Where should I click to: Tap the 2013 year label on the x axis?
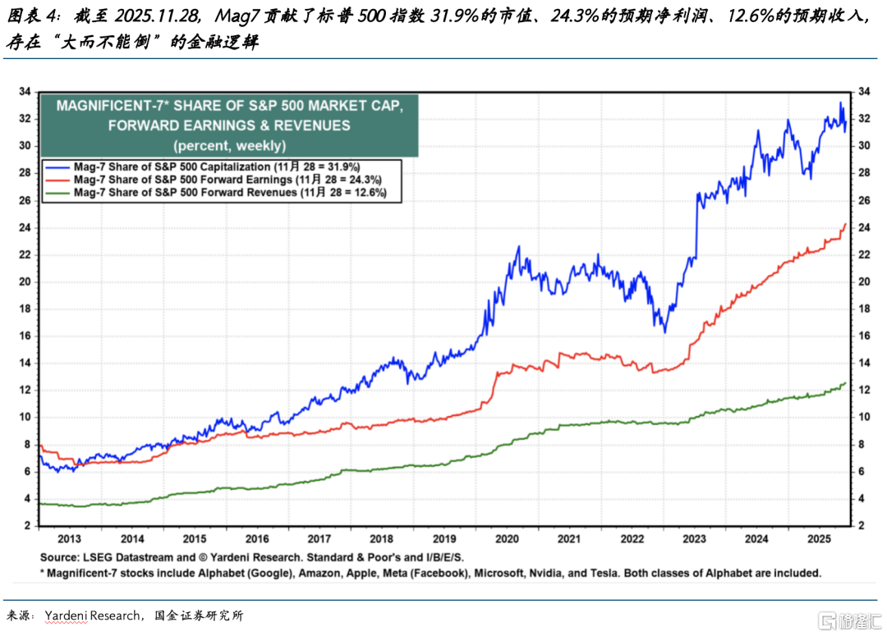(70, 539)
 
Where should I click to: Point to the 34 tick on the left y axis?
(25, 92)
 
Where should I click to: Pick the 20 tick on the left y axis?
(25, 281)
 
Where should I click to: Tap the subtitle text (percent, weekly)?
(229, 145)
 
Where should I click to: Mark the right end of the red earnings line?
(846, 223)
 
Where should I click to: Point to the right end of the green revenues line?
(846, 383)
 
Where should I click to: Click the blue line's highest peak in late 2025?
(841, 103)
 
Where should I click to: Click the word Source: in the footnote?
(64, 557)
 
